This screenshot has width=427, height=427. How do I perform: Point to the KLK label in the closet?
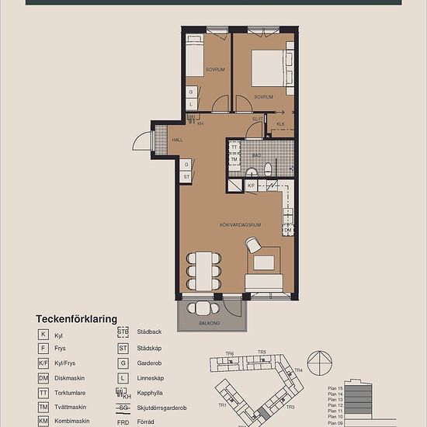point(280,123)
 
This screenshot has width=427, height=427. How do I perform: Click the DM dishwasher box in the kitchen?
point(287,231)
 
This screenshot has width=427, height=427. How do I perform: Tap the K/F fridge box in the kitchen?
point(251,186)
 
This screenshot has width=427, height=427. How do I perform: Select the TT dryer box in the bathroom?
point(234,147)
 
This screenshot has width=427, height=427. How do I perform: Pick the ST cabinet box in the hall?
point(186,177)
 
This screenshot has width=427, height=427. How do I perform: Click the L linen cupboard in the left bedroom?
point(190,103)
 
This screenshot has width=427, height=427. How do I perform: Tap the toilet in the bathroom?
point(268,168)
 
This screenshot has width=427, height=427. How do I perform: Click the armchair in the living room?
point(253,245)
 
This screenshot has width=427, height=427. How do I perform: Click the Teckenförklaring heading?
point(76,319)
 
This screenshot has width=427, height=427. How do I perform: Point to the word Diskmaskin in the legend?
point(71,378)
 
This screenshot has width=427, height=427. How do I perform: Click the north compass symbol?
point(319,362)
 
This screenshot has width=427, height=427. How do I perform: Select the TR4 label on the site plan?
point(297,370)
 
